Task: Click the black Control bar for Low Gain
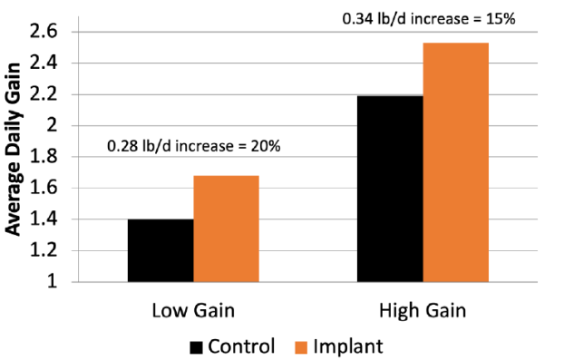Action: (160, 250)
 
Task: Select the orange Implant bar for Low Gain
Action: (226, 229)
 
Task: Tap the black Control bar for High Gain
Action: (390, 189)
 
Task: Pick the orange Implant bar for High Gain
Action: (456, 162)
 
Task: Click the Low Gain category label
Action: (192, 311)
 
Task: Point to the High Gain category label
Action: (423, 311)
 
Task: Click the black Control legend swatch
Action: (197, 346)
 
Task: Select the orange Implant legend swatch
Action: (301, 346)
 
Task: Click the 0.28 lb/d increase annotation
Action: (193, 146)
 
